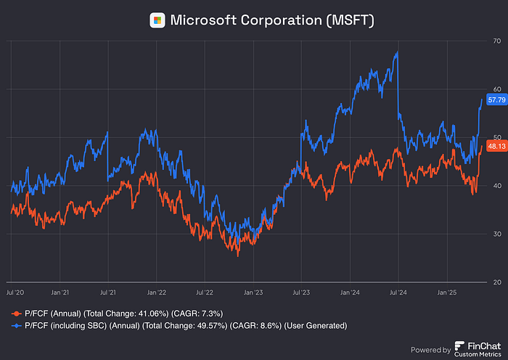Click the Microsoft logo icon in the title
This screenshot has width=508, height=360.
(157, 20)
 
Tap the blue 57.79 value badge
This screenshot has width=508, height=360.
(496, 99)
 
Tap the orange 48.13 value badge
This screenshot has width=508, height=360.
(496, 146)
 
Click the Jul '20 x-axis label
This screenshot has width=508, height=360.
(12, 292)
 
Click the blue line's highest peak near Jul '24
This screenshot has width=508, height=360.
(396, 52)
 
